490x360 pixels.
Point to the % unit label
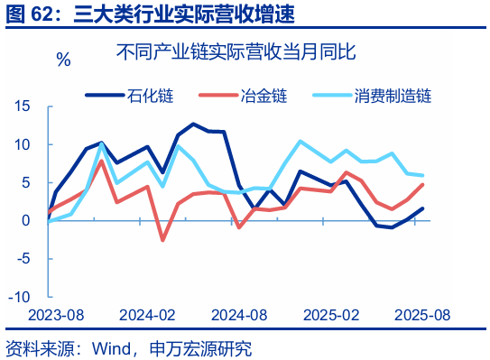63,60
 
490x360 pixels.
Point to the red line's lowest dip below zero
162,240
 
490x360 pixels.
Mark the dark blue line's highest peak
193,124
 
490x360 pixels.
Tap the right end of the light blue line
423,175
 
